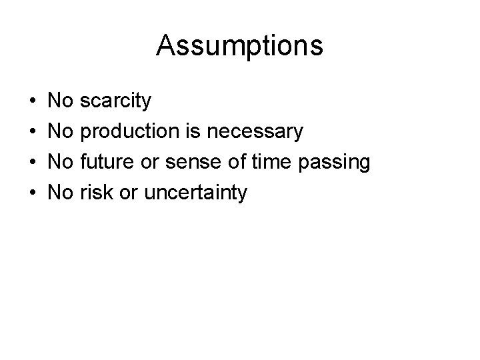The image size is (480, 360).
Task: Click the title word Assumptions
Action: tap(240, 46)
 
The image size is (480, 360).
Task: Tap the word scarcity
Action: tap(115, 101)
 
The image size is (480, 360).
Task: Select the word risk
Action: tap(93, 193)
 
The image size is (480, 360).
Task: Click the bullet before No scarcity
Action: tap(33, 102)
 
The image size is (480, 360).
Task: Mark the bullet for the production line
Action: tap(33, 133)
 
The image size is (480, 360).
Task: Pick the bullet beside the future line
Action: tap(33, 163)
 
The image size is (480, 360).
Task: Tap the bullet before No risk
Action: tap(33, 194)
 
